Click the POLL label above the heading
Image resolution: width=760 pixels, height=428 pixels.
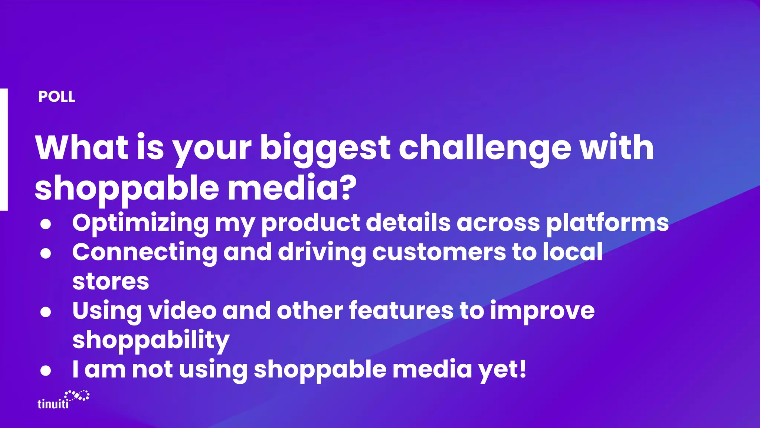pyautogui.click(x=56, y=97)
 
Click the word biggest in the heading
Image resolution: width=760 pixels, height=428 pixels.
pyautogui.click(x=325, y=148)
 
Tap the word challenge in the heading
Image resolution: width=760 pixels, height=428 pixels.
pyautogui.click(x=485, y=148)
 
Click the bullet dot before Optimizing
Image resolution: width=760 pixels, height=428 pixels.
pyautogui.click(x=46, y=224)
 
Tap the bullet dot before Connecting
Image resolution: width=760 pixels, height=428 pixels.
pyautogui.click(x=46, y=253)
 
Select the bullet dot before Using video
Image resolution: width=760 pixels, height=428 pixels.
pyautogui.click(x=46, y=312)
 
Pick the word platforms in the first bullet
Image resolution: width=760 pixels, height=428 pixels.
pyautogui.click(x=607, y=223)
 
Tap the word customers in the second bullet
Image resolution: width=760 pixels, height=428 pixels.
pyautogui.click(x=439, y=252)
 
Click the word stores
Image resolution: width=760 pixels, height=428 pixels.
pyautogui.click(x=111, y=282)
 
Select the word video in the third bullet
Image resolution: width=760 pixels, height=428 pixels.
pyautogui.click(x=182, y=311)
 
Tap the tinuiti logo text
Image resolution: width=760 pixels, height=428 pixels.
pyautogui.click(x=53, y=404)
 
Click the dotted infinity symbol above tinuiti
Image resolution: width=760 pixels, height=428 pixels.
pyautogui.click(x=77, y=396)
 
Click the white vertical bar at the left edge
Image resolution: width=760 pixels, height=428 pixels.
pyautogui.click(x=4, y=149)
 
